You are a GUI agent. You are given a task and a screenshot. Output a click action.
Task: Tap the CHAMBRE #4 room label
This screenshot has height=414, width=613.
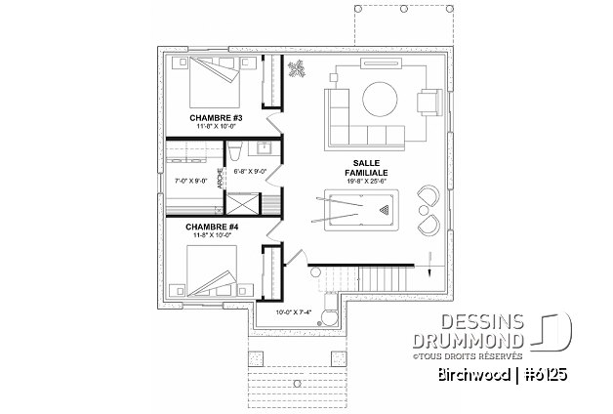tap(212, 227)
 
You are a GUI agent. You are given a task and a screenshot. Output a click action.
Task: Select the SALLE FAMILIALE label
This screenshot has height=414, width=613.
tap(366, 168)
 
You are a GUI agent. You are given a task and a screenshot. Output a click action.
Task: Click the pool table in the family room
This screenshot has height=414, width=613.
tap(361, 210)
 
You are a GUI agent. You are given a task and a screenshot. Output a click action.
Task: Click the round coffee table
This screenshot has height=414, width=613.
tap(380, 99)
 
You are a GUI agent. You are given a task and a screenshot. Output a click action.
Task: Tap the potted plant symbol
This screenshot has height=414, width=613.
tap(297, 68)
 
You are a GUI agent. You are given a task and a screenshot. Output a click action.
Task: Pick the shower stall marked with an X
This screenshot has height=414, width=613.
tap(243, 203)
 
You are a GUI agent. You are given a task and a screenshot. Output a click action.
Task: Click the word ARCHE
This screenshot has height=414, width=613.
tap(220, 179)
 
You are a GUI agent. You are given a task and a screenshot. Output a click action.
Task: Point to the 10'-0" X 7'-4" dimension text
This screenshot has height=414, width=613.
tap(294, 312)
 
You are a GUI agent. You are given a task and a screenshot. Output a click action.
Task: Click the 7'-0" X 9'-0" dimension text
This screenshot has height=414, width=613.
tap(190, 181)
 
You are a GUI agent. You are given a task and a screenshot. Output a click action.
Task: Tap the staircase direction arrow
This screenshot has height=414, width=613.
tap(430, 265)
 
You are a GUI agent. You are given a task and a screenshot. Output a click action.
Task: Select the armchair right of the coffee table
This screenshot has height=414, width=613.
tap(429, 103)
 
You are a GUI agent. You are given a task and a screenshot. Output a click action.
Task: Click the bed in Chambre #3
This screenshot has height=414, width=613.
tap(214, 82)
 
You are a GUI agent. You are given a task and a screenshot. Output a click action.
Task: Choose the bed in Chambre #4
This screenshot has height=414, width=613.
tap(212, 270)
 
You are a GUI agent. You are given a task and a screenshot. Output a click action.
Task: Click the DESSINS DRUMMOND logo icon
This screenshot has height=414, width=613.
tap(551, 330)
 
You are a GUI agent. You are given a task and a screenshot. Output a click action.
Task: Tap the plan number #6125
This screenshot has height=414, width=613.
tap(546, 375)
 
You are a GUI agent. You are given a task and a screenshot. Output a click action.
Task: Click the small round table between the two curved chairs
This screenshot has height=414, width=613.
tap(424, 210)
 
